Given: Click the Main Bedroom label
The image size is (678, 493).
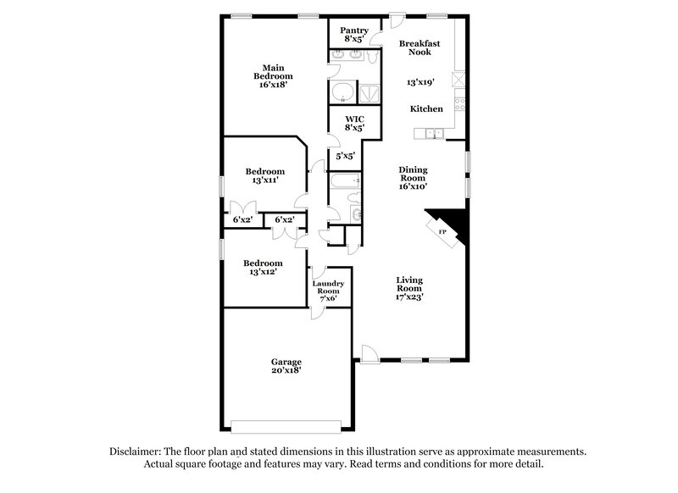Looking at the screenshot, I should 272,76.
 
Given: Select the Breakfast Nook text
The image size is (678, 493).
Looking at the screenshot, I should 420,47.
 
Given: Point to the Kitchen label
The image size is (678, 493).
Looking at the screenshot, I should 426,109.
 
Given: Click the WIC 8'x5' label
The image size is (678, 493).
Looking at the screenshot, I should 353,123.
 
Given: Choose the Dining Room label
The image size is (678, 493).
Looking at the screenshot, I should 413,177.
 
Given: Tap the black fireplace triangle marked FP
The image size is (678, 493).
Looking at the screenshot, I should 449,225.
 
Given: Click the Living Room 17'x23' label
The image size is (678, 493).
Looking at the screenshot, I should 410,288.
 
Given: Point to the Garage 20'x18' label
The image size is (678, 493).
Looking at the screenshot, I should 286,366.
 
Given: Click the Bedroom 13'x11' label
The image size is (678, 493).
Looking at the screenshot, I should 264,175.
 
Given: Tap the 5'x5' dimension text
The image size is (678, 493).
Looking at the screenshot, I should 344,157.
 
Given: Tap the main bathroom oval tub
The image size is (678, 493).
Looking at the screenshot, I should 343,91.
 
